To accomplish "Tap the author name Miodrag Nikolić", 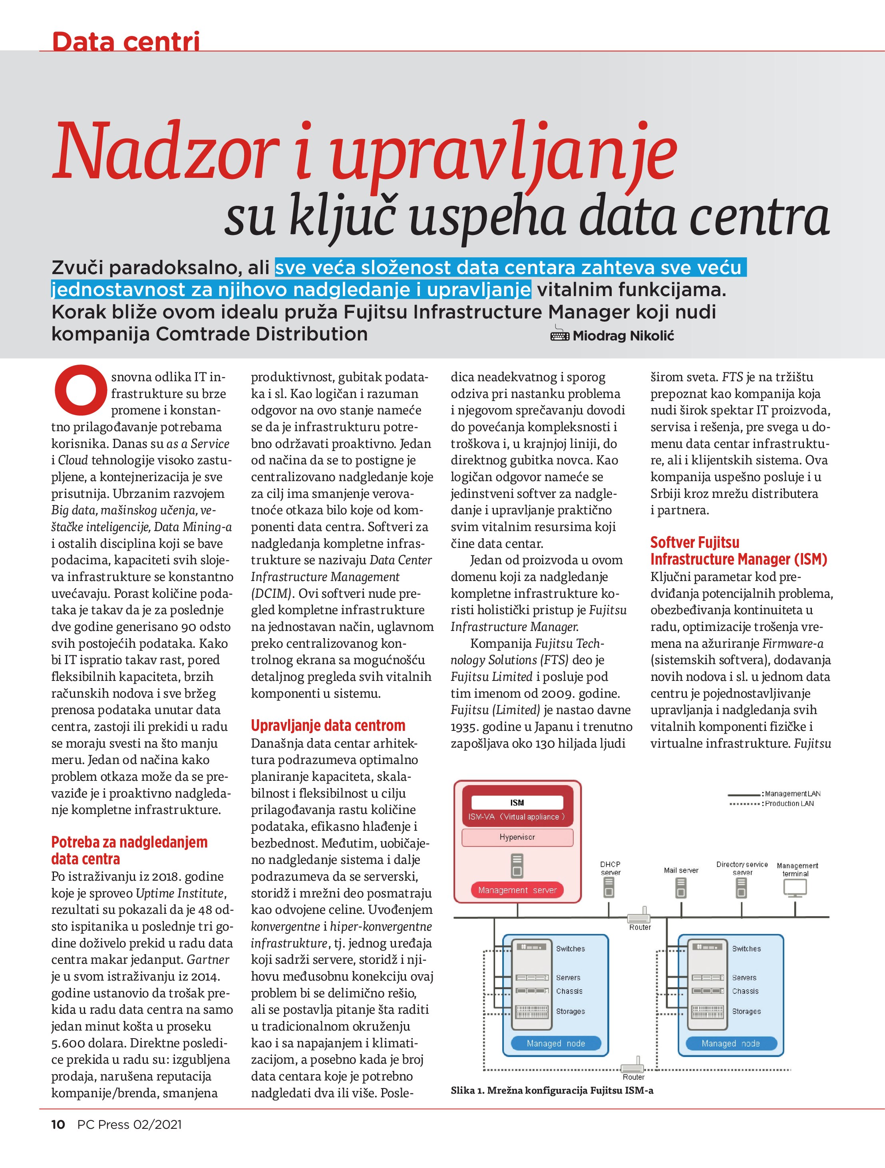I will [623, 336].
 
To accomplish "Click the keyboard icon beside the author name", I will [560, 335].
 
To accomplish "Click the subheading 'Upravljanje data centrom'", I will [328, 726].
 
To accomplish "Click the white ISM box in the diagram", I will [517, 803].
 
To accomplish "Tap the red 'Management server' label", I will [517, 890].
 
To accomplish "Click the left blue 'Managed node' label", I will [555, 1043].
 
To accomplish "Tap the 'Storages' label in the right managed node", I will [746, 1011].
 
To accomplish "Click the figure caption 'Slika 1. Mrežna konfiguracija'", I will [552, 1090].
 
